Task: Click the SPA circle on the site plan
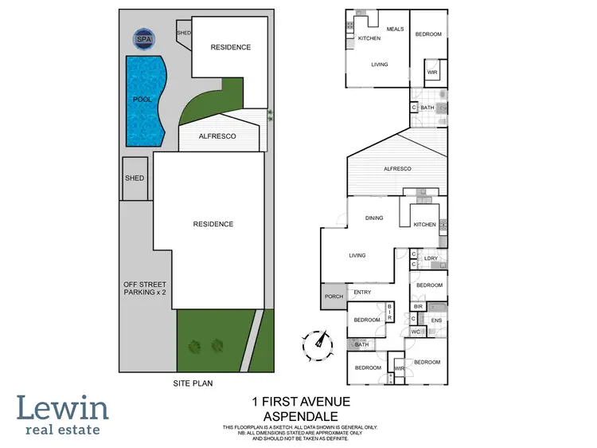(x=144, y=38)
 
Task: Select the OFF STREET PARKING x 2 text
(x=145, y=288)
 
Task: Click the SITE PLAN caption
(x=194, y=383)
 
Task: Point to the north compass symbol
(x=318, y=343)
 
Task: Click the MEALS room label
(x=395, y=29)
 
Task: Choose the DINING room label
(x=374, y=218)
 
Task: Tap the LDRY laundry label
(x=431, y=258)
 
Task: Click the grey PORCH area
(x=334, y=297)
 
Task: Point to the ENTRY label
(x=362, y=293)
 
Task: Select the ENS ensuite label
(x=435, y=320)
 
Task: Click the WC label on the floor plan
(x=416, y=332)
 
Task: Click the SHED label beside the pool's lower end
(x=134, y=178)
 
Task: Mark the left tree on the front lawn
(x=193, y=345)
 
